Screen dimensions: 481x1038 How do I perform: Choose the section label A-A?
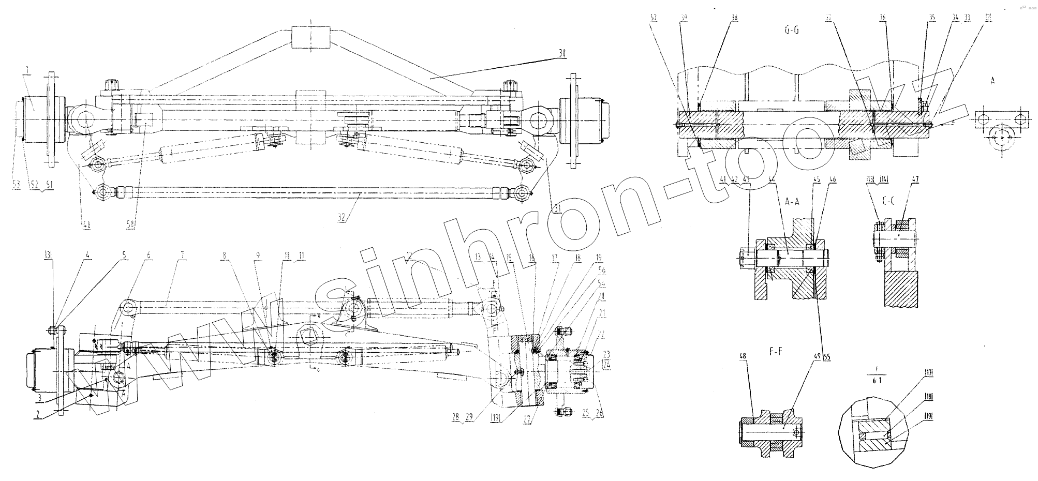[x=792, y=202]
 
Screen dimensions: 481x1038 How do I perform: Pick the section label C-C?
[x=888, y=202]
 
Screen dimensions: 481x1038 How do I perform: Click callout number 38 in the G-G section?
[x=733, y=17]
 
